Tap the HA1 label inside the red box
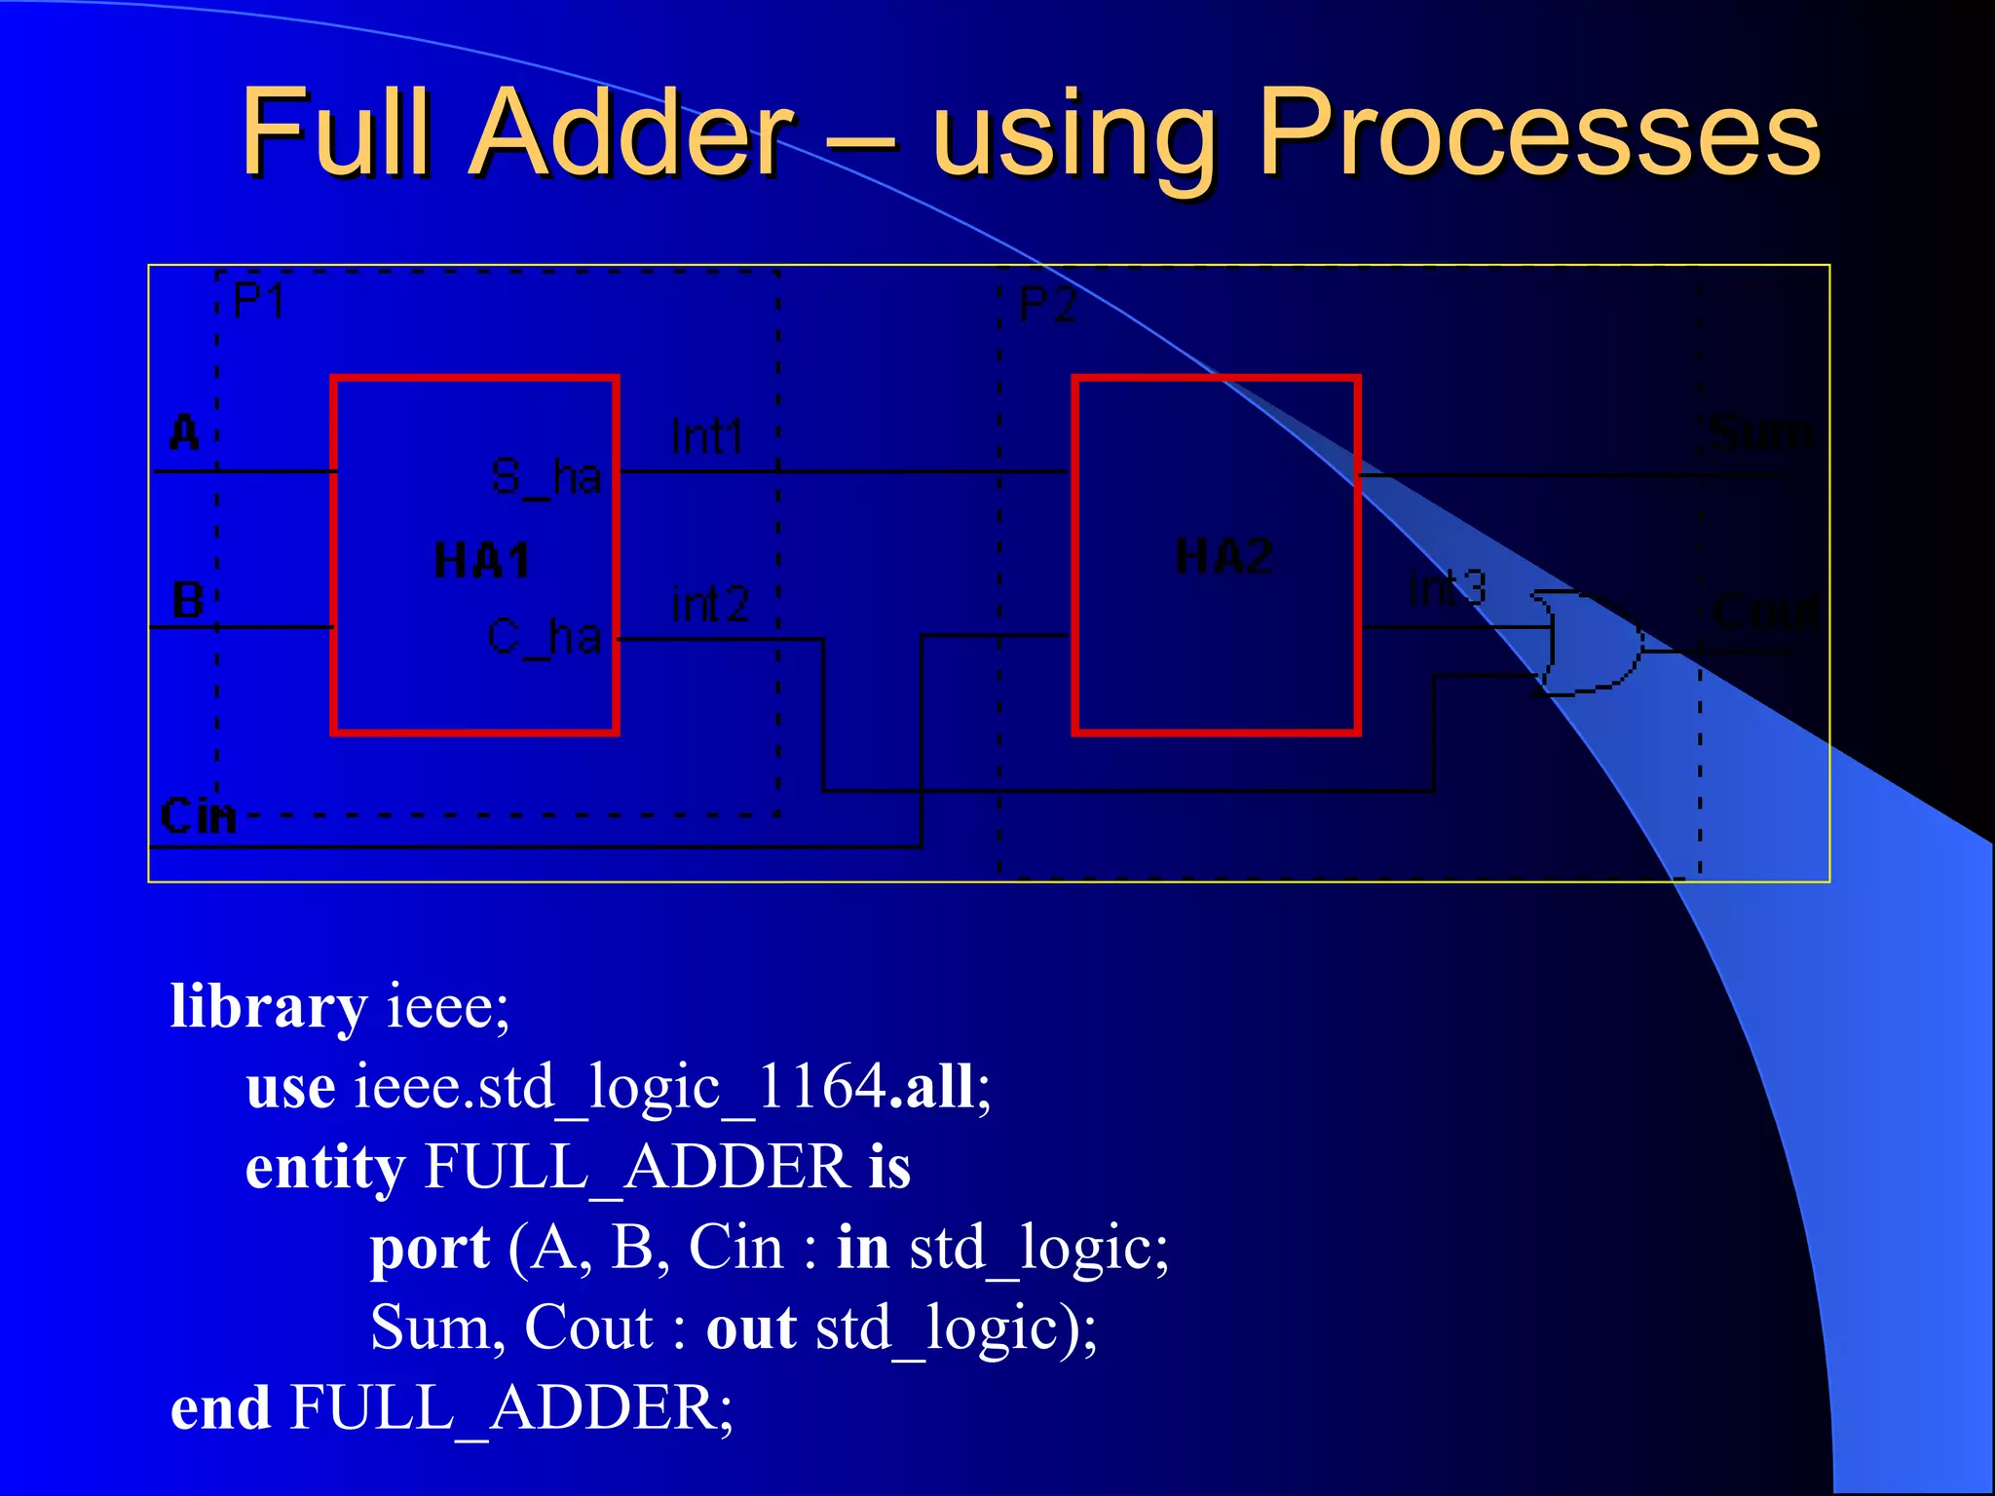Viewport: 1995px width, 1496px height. point(481,561)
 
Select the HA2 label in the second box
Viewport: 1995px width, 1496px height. point(1223,556)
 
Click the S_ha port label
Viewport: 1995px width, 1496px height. point(546,477)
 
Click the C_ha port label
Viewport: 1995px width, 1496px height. point(544,638)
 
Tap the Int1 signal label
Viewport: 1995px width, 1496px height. point(707,436)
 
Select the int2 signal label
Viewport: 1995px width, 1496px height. point(710,605)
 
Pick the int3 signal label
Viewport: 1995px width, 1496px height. point(1448,588)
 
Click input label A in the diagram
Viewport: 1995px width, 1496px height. point(184,432)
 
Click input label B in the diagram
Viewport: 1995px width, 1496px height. point(187,600)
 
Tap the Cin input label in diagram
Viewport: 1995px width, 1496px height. point(199,816)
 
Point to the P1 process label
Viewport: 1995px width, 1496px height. point(259,301)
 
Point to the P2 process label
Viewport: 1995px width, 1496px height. point(1047,306)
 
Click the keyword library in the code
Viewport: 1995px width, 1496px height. point(269,1006)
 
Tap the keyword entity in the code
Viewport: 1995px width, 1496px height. point(325,1168)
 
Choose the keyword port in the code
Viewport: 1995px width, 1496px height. point(430,1249)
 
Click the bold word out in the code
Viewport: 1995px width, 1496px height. point(751,1328)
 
